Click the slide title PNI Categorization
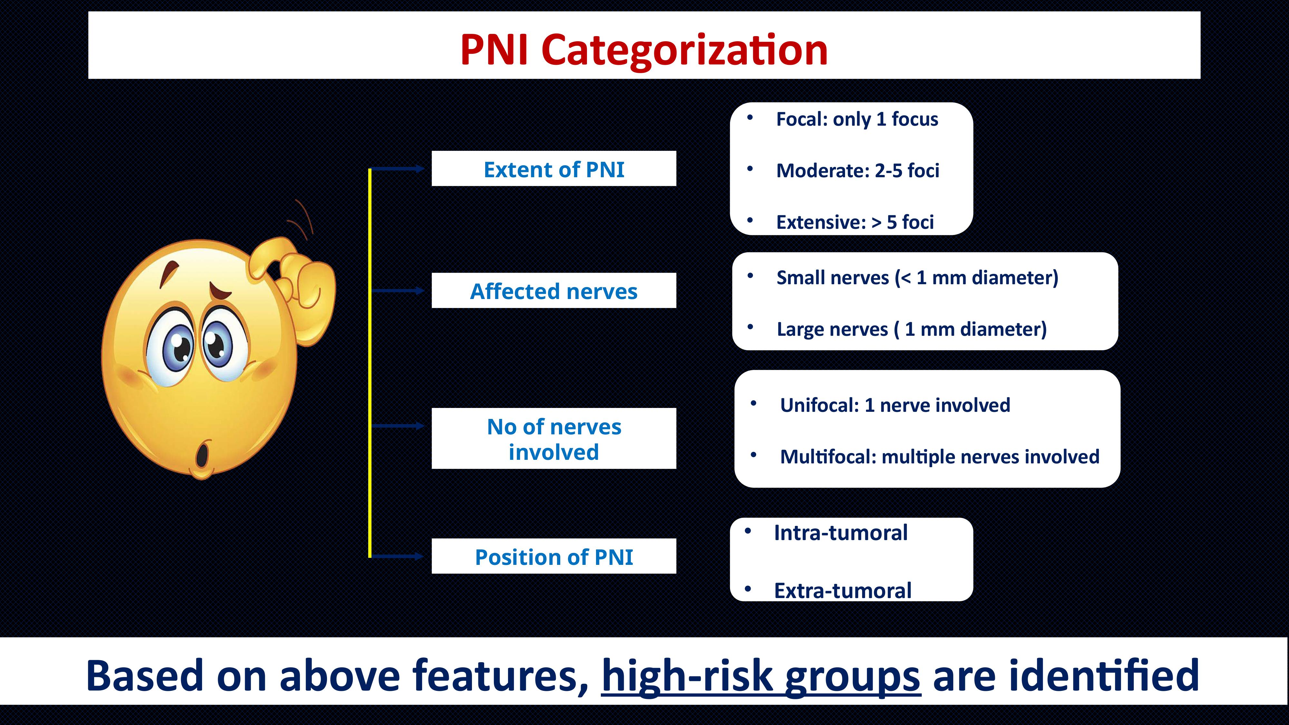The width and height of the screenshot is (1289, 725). (x=644, y=50)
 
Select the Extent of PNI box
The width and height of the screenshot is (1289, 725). (x=554, y=169)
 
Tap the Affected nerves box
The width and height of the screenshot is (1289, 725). (x=554, y=291)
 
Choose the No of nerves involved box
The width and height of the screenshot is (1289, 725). (x=554, y=438)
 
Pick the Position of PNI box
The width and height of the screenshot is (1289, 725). (x=554, y=556)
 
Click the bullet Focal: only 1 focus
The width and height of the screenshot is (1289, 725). (x=857, y=119)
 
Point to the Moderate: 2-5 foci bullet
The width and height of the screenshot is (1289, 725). (x=857, y=171)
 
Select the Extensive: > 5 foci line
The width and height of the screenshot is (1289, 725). (x=855, y=222)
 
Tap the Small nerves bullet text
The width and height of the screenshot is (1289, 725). (x=917, y=278)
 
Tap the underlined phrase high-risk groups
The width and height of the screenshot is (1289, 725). (x=761, y=676)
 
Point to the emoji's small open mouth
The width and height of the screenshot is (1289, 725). (x=202, y=453)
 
